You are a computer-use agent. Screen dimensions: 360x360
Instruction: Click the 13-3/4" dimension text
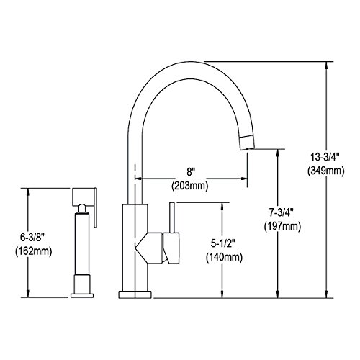coord(325,158)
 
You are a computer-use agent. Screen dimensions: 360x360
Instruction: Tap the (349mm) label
coord(326,171)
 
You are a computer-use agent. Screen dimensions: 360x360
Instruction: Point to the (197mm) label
coord(282,226)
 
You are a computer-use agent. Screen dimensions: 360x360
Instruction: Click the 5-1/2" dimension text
coord(223,243)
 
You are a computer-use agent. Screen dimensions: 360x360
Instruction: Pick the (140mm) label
coord(224,257)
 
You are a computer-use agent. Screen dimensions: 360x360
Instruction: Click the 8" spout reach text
coord(191,172)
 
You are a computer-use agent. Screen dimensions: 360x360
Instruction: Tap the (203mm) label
coord(190,186)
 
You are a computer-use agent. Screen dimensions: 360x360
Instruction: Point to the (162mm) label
coord(34,251)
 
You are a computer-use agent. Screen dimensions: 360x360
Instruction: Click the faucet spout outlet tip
coord(247,149)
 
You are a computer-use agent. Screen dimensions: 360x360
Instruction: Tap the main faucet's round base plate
coord(135,294)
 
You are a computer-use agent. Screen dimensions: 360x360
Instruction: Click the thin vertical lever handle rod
coord(172,217)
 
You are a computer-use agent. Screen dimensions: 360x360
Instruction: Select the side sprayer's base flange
coord(82,295)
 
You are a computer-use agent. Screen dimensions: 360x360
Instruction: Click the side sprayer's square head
coord(83,197)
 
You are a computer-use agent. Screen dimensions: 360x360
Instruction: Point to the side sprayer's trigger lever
coord(95,207)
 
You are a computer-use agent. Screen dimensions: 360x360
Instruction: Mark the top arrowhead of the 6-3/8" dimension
coord(28,192)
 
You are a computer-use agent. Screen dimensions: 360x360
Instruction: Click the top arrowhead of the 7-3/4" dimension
coord(278,153)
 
